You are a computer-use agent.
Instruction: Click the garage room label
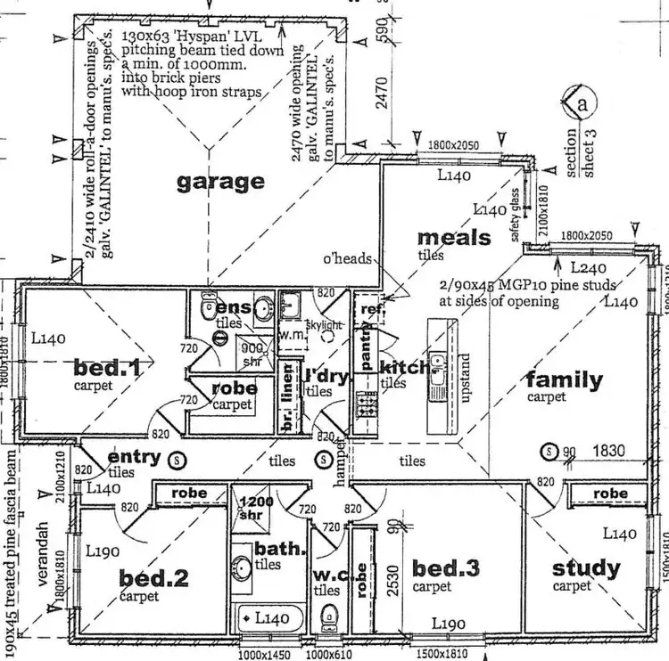220,182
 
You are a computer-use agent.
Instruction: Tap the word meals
454,238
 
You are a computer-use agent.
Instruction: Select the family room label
564,380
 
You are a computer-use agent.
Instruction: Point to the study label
586,567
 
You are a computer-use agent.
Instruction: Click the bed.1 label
105,367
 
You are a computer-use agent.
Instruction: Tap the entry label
134,458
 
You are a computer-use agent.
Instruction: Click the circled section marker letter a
583,104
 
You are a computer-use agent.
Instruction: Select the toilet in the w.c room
329,615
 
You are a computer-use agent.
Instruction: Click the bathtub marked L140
268,616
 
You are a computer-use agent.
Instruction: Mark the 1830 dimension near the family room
611,452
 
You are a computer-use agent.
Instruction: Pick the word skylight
325,326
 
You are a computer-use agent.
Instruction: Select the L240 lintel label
588,267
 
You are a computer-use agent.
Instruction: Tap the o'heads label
347,258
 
